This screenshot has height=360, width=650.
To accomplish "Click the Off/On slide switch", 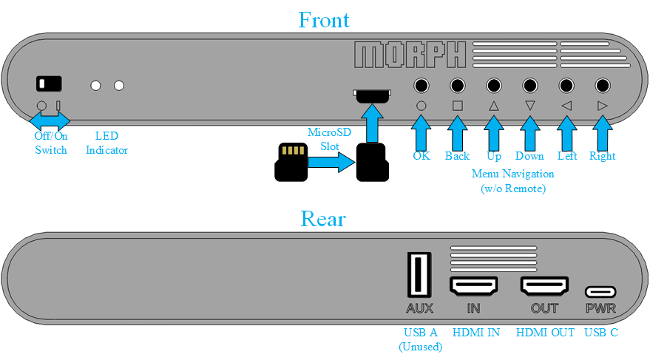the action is point(49,84).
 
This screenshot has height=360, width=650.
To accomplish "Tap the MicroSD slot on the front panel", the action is point(372,95).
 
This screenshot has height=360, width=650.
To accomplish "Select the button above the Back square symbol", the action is point(457,86).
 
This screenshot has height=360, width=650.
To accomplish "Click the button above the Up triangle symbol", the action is point(494,86).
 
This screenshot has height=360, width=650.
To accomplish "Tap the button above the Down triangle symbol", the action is point(529,86).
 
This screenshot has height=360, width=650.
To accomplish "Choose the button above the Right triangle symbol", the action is point(603,86).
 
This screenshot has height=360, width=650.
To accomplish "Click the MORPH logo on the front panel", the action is point(410,55).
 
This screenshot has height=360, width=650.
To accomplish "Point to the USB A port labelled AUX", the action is point(419,275).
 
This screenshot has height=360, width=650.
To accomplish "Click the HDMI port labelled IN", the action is point(473,286).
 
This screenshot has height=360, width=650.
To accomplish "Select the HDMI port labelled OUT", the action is point(544,286).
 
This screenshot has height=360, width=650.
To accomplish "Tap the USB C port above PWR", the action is point(600,292).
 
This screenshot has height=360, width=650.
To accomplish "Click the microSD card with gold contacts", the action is point(291,162).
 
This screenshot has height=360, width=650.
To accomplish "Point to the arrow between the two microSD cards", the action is point(331,162).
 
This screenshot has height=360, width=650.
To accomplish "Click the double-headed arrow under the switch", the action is point(50,121).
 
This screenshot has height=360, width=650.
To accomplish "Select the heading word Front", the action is point(324,20).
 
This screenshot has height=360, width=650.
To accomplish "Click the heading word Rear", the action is point(323,219).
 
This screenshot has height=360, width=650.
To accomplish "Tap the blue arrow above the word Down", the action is point(529,133).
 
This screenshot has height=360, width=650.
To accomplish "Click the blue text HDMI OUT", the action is point(545,332).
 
